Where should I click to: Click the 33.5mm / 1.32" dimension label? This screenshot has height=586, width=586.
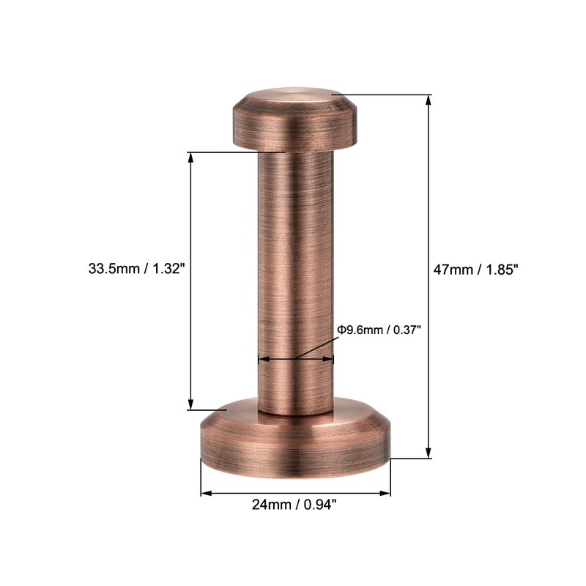click(136, 269)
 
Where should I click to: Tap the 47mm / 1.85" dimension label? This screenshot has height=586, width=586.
click(476, 269)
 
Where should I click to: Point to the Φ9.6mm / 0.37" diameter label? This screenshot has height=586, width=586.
click(379, 330)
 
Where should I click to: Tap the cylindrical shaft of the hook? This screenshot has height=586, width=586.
click(295, 278)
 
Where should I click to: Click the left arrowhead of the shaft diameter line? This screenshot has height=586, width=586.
click(262, 359)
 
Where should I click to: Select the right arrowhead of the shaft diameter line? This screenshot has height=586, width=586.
click(329, 359)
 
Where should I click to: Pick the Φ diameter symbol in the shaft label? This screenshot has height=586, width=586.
click(341, 330)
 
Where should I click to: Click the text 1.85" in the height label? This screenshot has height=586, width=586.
click(502, 269)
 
